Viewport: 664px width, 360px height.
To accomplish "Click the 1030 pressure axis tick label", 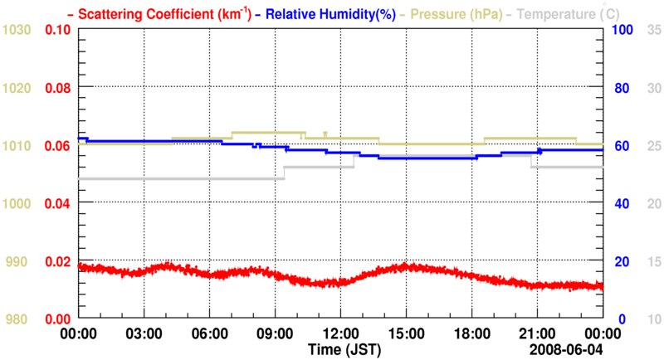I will click(17, 30).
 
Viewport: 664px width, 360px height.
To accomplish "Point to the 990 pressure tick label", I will click(17, 262).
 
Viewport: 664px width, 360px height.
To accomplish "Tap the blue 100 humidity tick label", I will click(622, 30).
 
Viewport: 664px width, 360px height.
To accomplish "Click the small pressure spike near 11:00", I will click(325, 133).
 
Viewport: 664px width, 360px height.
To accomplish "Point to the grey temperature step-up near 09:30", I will click(284, 173).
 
